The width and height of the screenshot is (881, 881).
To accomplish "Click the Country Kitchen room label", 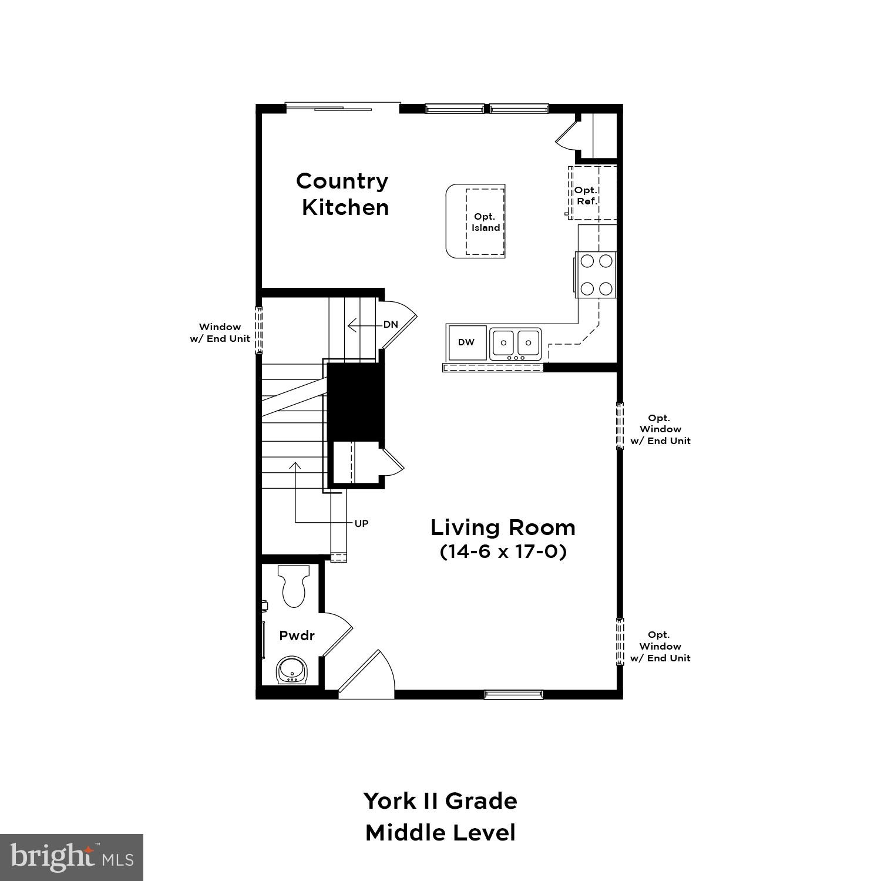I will point(344,194).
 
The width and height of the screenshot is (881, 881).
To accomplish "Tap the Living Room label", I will point(503,527).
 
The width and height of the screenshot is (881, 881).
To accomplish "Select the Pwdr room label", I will point(297,635).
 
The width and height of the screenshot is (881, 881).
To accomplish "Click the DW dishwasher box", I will point(466,342).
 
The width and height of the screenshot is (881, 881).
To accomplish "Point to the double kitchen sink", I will point(516,344).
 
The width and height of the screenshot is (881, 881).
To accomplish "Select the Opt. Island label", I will point(485,222).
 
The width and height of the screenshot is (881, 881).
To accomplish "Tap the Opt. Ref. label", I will point(586,196).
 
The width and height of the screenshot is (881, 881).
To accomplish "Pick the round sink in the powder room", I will point(291,670).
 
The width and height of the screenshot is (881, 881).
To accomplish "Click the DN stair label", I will point(391,324).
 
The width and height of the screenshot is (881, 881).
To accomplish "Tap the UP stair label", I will point(361,523).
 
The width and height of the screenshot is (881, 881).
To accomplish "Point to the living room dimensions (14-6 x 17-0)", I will point(503,553).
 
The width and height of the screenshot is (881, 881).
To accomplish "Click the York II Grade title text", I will point(440,801).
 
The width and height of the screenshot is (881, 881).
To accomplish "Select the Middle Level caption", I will point(440,833).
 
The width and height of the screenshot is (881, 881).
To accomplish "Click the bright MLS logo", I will point(71,857).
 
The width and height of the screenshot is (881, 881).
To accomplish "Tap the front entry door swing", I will point(367,675).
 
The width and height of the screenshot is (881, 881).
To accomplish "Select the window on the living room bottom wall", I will point(513,694).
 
